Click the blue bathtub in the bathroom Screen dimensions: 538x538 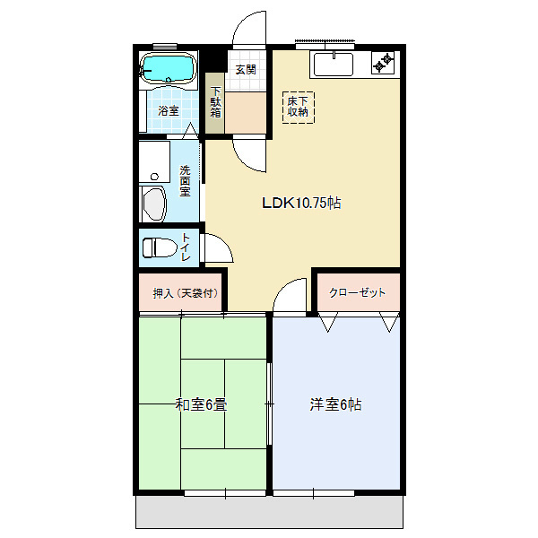coord(169,68)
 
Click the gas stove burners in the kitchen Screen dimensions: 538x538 coord(383,63)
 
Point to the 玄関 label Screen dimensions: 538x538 coord(246,70)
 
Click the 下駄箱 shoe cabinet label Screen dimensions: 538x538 coord(215,102)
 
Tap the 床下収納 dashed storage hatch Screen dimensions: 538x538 coord(298,107)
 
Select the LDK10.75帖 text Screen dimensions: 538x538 coord(301,203)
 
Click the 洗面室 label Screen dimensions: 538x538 coord(185,181)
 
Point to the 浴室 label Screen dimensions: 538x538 coord(169,110)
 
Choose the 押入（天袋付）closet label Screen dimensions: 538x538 coord(186,293)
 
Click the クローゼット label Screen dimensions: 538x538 coord(357,292)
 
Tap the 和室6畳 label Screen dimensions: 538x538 coord(201,404)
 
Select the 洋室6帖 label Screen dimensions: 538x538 coord(335,404)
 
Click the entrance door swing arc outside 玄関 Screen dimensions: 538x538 coord(240,22)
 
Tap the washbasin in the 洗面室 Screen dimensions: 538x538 coord(154,204)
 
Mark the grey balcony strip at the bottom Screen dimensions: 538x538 coord(269,512)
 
